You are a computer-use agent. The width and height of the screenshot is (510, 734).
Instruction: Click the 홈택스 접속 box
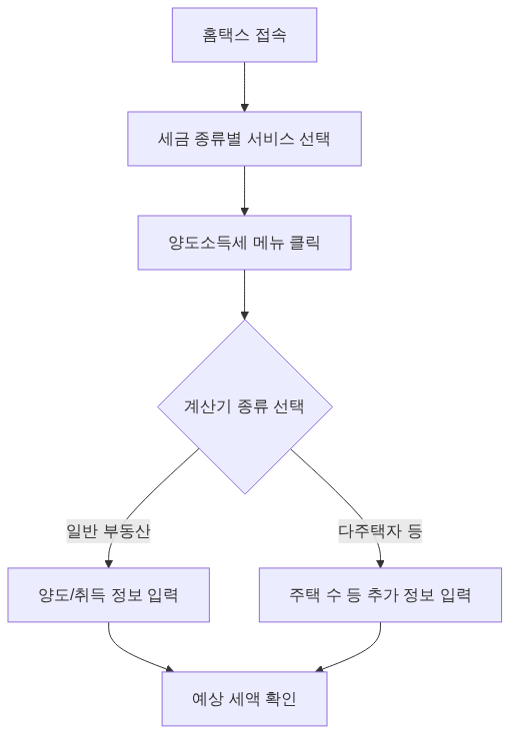(244, 35)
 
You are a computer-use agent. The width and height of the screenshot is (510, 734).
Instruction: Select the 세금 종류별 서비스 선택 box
(244, 138)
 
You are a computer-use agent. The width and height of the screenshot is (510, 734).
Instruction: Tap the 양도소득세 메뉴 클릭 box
(244, 242)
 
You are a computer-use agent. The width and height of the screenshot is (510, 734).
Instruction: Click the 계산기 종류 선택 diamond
(244, 406)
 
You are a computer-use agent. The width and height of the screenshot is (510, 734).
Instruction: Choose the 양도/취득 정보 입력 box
(108, 595)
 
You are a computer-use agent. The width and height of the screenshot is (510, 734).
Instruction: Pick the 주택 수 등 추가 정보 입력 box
(380, 595)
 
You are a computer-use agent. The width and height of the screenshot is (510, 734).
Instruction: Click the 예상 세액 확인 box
(244, 698)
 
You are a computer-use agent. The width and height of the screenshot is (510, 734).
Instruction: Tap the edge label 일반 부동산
(108, 531)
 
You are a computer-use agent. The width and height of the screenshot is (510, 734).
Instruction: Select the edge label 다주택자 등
(380, 531)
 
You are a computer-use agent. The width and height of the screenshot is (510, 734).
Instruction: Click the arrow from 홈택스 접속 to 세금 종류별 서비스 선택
(244, 86)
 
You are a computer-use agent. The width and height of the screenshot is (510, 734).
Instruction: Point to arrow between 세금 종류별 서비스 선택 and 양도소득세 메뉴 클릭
(244, 190)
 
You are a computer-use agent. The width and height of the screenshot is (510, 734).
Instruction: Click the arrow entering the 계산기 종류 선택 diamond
(244, 295)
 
